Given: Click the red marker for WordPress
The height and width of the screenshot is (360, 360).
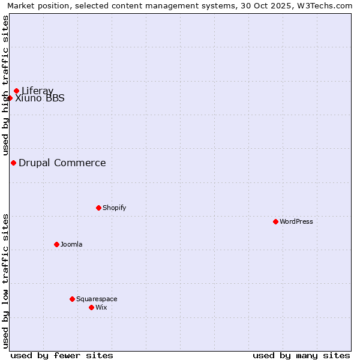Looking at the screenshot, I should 275,221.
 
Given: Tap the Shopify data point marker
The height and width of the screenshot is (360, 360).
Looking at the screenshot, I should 98,208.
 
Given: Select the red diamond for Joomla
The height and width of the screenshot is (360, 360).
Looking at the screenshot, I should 56,244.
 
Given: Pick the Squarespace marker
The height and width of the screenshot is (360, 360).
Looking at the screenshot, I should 72,299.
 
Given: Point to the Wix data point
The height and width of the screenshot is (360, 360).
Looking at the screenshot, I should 91,307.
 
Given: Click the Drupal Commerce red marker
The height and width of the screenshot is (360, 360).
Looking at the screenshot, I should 13,163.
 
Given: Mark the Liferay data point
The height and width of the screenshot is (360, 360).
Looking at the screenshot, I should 17,91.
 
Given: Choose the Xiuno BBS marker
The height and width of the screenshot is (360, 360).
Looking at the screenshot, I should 10,98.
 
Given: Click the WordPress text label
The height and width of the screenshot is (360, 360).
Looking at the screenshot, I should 296,221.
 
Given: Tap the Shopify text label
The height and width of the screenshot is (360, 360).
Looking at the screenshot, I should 115,208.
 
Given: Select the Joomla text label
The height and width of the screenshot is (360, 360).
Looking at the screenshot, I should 71,244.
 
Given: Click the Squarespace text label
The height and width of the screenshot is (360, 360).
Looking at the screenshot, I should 97,299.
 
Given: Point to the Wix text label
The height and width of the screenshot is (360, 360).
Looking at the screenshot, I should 101,307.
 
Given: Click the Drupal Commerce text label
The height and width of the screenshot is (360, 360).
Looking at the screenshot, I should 62,163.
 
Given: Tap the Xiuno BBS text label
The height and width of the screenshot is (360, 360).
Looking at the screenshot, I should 40,98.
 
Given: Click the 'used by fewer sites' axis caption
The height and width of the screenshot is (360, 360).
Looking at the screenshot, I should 62,355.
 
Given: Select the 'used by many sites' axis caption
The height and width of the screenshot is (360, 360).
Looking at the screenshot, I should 301,355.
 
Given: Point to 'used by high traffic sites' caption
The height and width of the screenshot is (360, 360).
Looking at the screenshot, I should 5,85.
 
